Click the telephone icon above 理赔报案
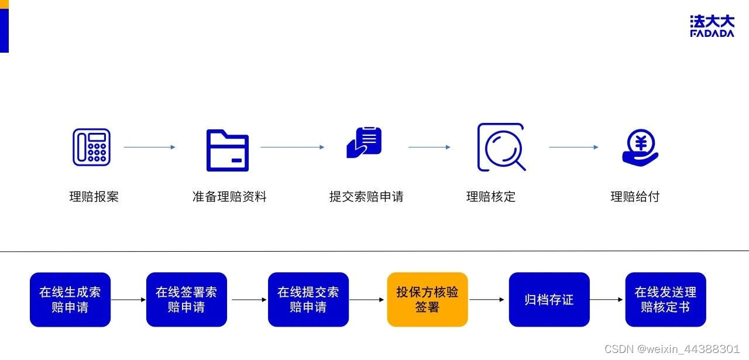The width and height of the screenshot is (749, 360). tap(91, 147)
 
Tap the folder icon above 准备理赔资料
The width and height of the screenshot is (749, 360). tap(228, 150)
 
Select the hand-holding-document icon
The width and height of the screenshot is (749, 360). tap(364, 143)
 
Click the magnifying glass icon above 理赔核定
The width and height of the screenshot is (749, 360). tap(501, 147)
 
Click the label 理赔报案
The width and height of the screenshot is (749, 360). tap(94, 197)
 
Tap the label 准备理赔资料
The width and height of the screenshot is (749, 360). tap(229, 197)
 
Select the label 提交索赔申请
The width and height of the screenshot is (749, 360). tap(366, 197)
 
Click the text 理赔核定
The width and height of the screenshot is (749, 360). tap(491, 197)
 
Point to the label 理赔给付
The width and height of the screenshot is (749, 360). tap(635, 197)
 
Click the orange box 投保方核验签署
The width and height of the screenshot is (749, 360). tap(427, 300)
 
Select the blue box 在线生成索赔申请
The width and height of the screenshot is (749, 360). tap(70, 300)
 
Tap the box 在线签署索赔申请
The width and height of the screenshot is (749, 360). tap(187, 300)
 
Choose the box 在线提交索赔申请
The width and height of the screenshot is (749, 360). tap(308, 300)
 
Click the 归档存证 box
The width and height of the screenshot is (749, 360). tap(549, 300)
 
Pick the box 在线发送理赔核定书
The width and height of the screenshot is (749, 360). tap(665, 300)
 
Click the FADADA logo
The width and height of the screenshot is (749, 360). tap(712, 26)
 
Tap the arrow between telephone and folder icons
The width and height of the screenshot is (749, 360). tap(149, 147)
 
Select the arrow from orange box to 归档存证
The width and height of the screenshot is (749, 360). tap(487, 300)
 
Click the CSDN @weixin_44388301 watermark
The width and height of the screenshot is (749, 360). tap(672, 349)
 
